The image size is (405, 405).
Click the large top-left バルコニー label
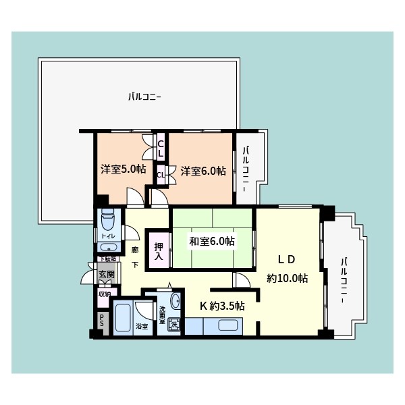point(144,97)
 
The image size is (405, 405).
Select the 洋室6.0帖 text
point(202,171)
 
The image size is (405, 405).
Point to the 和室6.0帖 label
point(211,241)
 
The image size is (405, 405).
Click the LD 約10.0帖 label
point(288,268)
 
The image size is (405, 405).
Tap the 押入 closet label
point(159,251)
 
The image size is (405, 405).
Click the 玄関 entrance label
point(107,275)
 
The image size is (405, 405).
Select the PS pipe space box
point(102,321)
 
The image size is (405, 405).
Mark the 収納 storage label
point(104,294)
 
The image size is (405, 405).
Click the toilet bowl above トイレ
point(109,221)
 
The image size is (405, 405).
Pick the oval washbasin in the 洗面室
point(175,301)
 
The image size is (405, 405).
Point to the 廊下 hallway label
point(135,257)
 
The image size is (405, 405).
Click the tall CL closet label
point(161,148)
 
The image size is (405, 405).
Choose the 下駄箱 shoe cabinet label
point(108,259)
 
